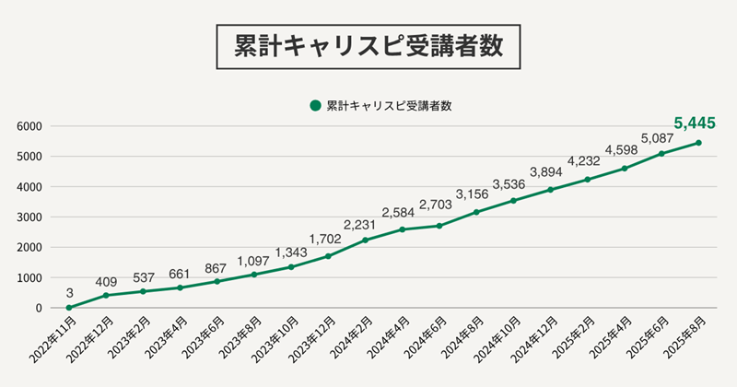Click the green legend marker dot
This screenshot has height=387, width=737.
pyautogui.click(x=316, y=105)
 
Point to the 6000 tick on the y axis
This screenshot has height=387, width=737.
pyautogui.click(x=30, y=126)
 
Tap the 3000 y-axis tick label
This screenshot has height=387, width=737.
pyautogui.click(x=30, y=217)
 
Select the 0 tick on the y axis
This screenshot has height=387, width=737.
pyautogui.click(x=39, y=308)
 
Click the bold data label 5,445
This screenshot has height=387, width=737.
pyautogui.click(x=695, y=123)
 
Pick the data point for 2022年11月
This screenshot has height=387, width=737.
pyautogui.click(x=69, y=308)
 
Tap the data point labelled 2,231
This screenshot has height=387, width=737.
pyautogui.click(x=366, y=240)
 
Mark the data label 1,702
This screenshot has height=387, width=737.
pyautogui.click(x=328, y=238)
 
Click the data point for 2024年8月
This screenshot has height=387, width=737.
pyautogui.click(x=476, y=212)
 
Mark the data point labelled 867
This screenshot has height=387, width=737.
pyautogui.click(x=217, y=281)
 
